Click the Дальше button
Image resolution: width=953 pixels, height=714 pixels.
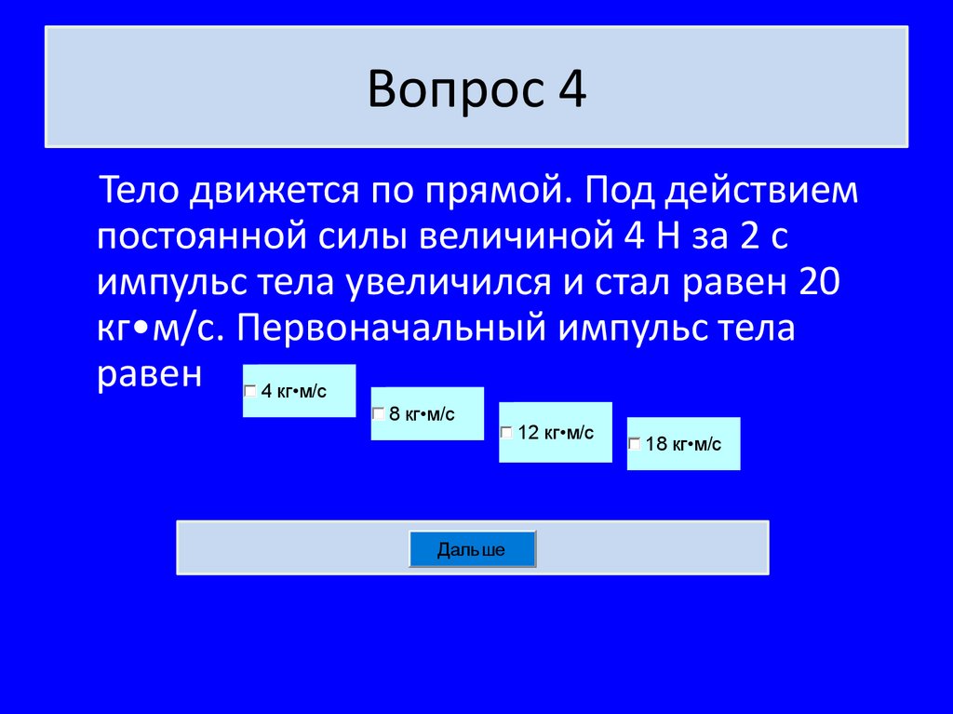(x=472, y=549)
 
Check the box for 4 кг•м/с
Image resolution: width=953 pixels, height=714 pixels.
(x=250, y=392)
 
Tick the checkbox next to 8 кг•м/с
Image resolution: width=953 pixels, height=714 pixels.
(x=379, y=413)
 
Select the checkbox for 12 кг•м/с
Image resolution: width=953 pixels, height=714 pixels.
(x=506, y=433)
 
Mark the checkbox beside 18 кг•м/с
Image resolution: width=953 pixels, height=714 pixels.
(x=635, y=444)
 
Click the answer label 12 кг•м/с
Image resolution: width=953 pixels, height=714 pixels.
(x=556, y=433)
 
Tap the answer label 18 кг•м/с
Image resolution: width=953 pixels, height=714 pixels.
(x=683, y=444)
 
